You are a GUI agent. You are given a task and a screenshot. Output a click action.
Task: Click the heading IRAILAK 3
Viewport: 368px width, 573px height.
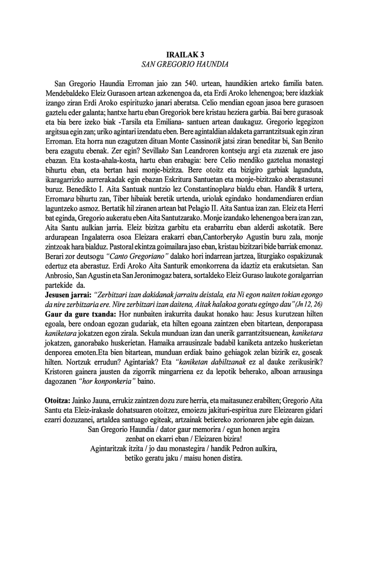coord(185,55)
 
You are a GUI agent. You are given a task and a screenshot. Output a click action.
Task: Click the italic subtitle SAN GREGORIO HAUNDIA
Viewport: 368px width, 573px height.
coord(184,65)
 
